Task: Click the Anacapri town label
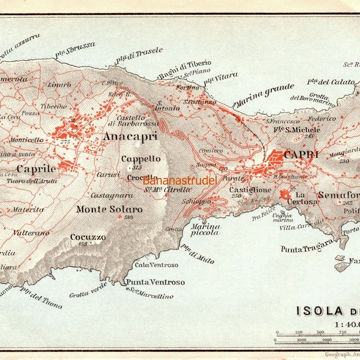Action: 130,137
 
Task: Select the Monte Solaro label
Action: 109,209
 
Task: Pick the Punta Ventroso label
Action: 155,282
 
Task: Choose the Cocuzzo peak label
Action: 88,237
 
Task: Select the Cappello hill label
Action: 141,159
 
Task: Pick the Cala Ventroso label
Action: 157,265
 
